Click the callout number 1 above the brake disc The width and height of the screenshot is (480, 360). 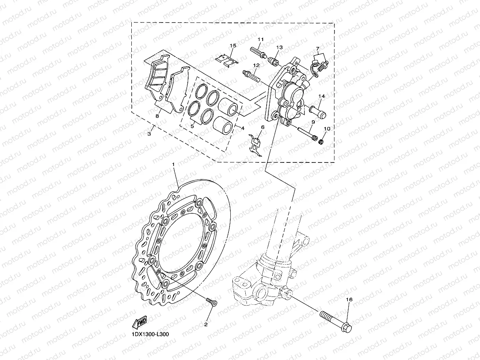[173, 163]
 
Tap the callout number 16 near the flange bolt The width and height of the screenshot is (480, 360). [349, 300]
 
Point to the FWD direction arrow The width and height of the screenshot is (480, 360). [140, 322]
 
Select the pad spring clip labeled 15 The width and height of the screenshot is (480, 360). [227, 60]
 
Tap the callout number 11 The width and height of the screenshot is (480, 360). [260, 39]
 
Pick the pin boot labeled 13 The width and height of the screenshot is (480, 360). [271, 61]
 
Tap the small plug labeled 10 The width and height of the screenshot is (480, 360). [321, 141]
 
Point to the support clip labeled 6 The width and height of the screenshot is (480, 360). [256, 144]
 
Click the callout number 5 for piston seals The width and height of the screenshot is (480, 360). [192, 127]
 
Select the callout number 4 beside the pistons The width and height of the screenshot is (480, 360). [243, 128]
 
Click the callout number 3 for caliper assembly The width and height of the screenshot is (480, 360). [149, 134]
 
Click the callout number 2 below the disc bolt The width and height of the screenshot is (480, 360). [205, 325]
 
